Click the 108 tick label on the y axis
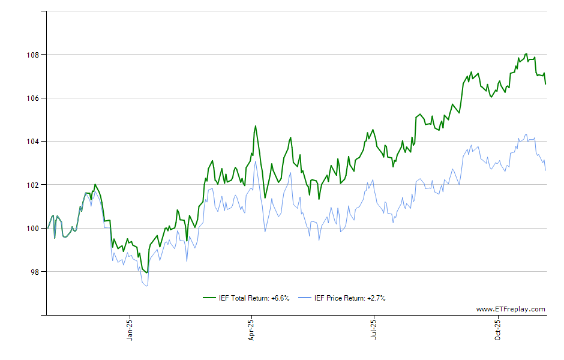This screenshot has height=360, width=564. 33,55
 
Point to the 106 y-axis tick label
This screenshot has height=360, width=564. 33,98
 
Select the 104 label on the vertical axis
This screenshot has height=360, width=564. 33,142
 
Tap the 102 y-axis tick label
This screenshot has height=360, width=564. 33,185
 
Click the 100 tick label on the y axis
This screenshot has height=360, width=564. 33,228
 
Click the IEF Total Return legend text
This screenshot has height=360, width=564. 254,298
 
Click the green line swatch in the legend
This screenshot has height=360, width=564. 210,298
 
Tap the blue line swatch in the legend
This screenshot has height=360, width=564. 305,298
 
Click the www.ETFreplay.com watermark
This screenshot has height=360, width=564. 511,310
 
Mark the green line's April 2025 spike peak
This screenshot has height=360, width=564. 255,126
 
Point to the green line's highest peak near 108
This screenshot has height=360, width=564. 526,54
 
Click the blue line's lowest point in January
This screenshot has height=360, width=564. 147,286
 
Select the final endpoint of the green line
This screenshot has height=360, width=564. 545,84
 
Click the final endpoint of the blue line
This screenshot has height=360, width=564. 545,170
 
